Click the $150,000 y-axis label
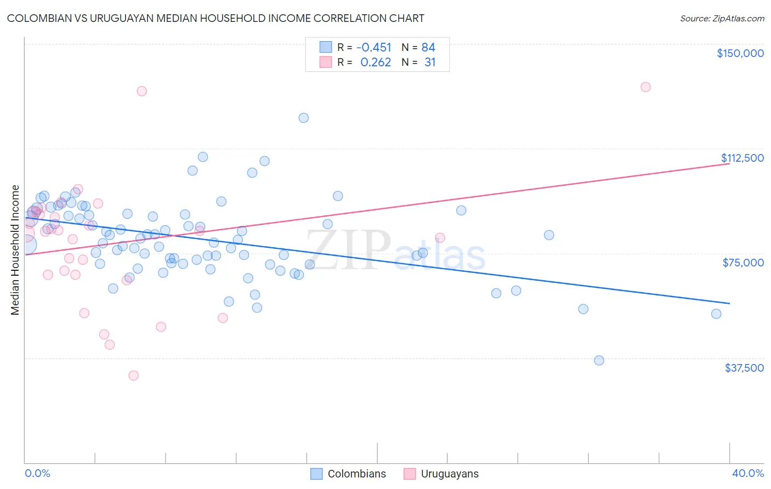740,53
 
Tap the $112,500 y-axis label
742,158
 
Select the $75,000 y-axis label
743,263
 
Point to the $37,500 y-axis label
744,368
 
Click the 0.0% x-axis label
37,473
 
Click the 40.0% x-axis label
747,473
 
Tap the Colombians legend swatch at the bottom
316,474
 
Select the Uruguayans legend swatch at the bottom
410,474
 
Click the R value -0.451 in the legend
374,47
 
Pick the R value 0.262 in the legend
376,62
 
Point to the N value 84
428,47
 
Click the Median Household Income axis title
15,250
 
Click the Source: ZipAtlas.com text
722,19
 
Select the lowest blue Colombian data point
599,360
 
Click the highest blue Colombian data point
303,118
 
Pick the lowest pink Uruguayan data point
133,376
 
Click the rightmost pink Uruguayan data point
645,87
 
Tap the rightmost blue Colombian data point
716,314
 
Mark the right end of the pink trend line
729,163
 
